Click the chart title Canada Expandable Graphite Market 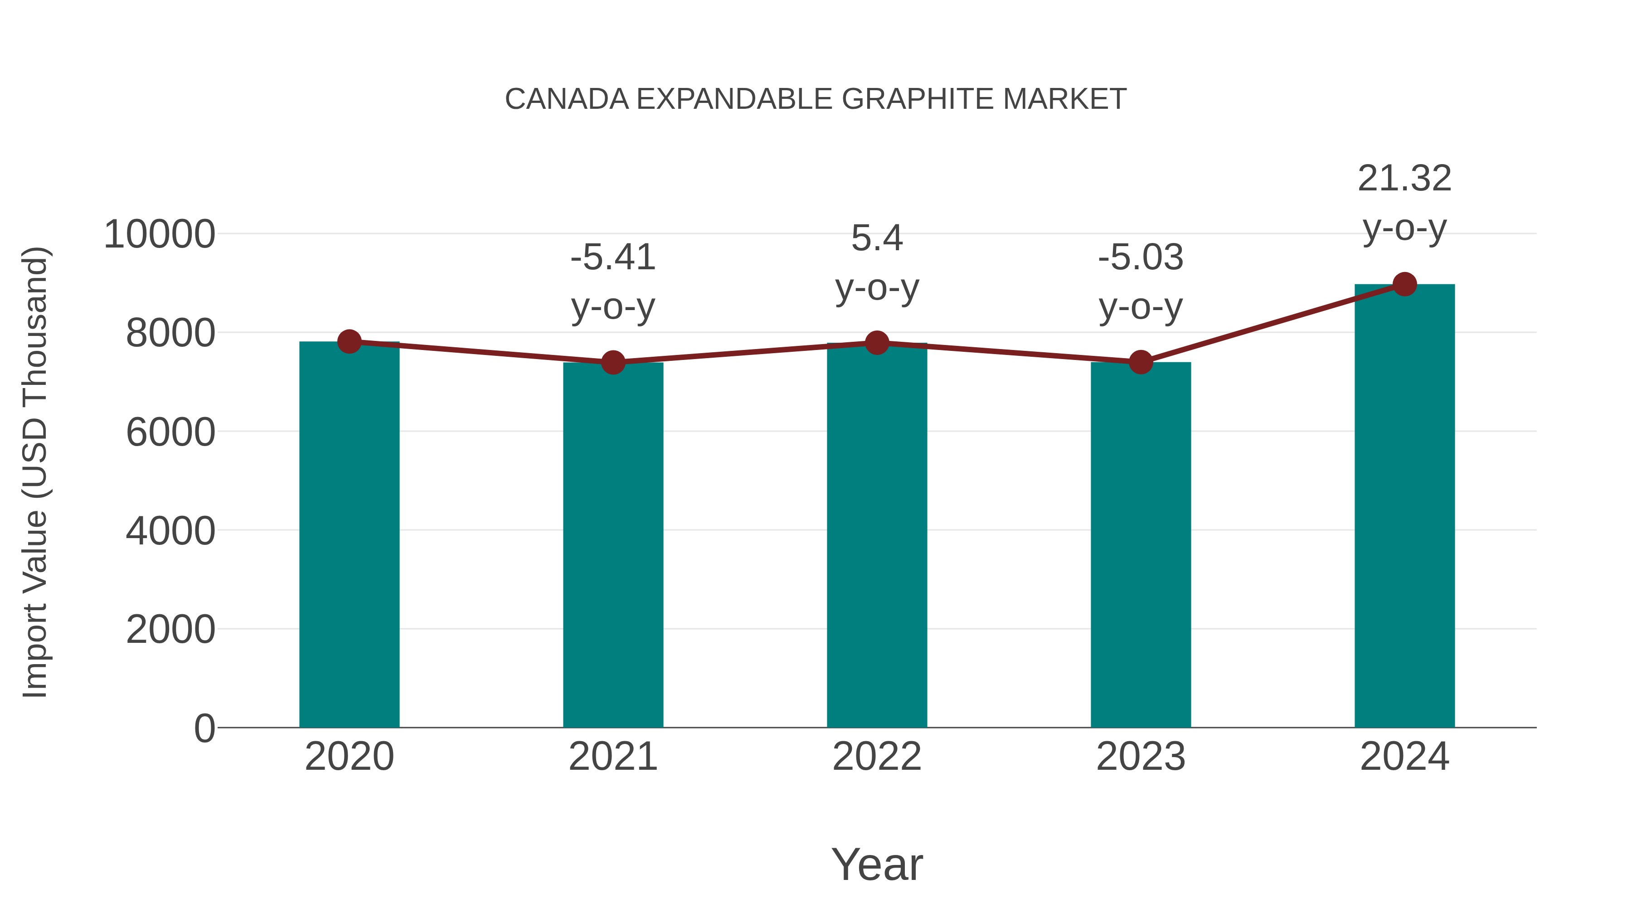point(816,99)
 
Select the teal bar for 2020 point(349,539)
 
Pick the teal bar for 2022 point(877,539)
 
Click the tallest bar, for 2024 point(1404,507)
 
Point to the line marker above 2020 point(349,341)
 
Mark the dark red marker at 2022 point(877,343)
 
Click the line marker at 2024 point(1404,284)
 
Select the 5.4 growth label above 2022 point(877,262)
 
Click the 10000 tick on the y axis point(160,234)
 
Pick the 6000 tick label point(170,433)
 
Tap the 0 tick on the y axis point(204,729)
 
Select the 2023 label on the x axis point(1141,757)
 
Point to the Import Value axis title point(35,472)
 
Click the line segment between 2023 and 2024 point(1272,323)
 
